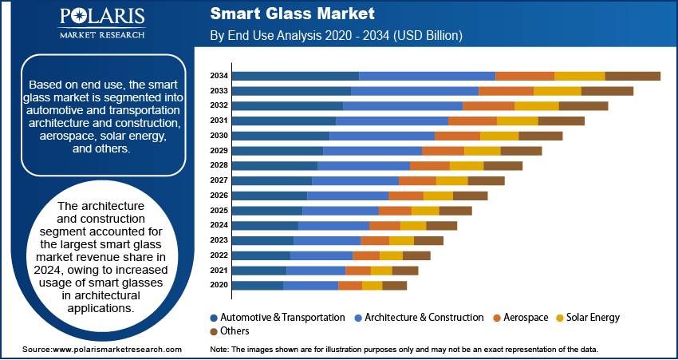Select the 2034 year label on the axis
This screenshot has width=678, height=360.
coord(219,76)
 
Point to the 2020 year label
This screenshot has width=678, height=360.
coord(219,285)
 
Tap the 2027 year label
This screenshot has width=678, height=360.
coord(219,180)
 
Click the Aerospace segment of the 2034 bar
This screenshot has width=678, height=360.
coord(525,76)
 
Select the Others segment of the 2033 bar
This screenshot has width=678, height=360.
coord(607,91)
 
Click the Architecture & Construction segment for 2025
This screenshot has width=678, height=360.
coord(341,211)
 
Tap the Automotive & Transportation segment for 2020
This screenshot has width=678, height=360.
coord(258,285)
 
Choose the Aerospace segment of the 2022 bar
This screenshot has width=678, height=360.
coord(366,255)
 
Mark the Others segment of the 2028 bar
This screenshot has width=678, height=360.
coord(503,165)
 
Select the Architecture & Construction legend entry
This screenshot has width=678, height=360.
coord(423,317)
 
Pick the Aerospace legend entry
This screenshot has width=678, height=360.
coord(522,317)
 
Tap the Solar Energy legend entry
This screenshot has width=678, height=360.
coord(593,317)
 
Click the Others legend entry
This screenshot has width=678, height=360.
coord(234,330)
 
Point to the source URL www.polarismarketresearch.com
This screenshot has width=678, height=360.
coord(116,350)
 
